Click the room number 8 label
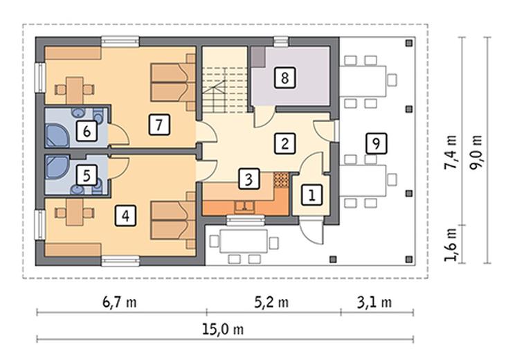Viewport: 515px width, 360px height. pos(284,78)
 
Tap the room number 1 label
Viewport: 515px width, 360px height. pos(311,195)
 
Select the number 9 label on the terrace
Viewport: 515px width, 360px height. pos(376,143)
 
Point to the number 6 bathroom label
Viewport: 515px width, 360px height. pos(87,132)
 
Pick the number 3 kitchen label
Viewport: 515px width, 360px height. pos(249,179)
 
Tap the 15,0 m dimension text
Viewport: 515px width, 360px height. pos(223,329)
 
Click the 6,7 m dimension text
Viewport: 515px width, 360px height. pos(120,302)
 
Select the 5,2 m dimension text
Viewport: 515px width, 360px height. pos(271,302)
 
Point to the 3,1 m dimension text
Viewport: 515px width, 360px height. pos(374,302)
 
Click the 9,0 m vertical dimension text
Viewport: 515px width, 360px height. pos(476,152)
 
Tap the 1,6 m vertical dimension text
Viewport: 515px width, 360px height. pos(451,244)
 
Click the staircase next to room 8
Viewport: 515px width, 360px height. pos(225,89)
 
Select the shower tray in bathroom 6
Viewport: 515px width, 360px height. pos(57,135)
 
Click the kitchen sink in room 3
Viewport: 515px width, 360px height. pos(244,206)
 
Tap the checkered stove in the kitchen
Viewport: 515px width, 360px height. pos(281,180)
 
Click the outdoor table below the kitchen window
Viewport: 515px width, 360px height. pos(244,241)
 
